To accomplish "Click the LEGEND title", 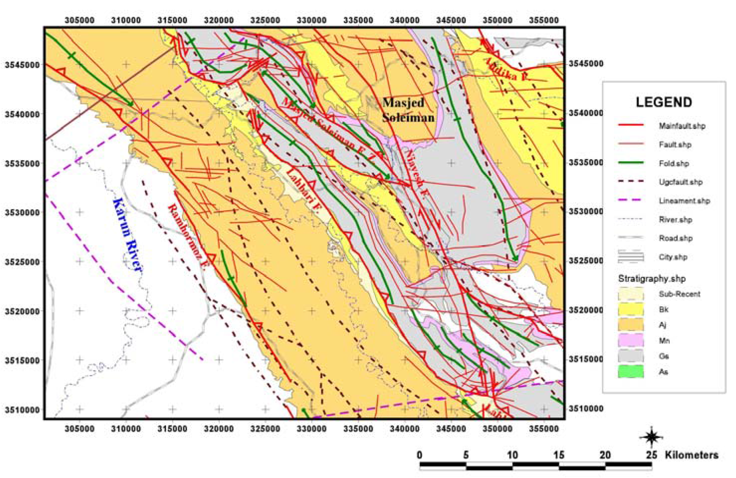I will pos(664,102).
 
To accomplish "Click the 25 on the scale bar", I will pos(651,455).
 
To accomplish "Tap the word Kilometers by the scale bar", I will pos(691,455).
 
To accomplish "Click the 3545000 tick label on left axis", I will pos(22,65).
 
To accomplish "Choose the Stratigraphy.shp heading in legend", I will pos(652,278).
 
